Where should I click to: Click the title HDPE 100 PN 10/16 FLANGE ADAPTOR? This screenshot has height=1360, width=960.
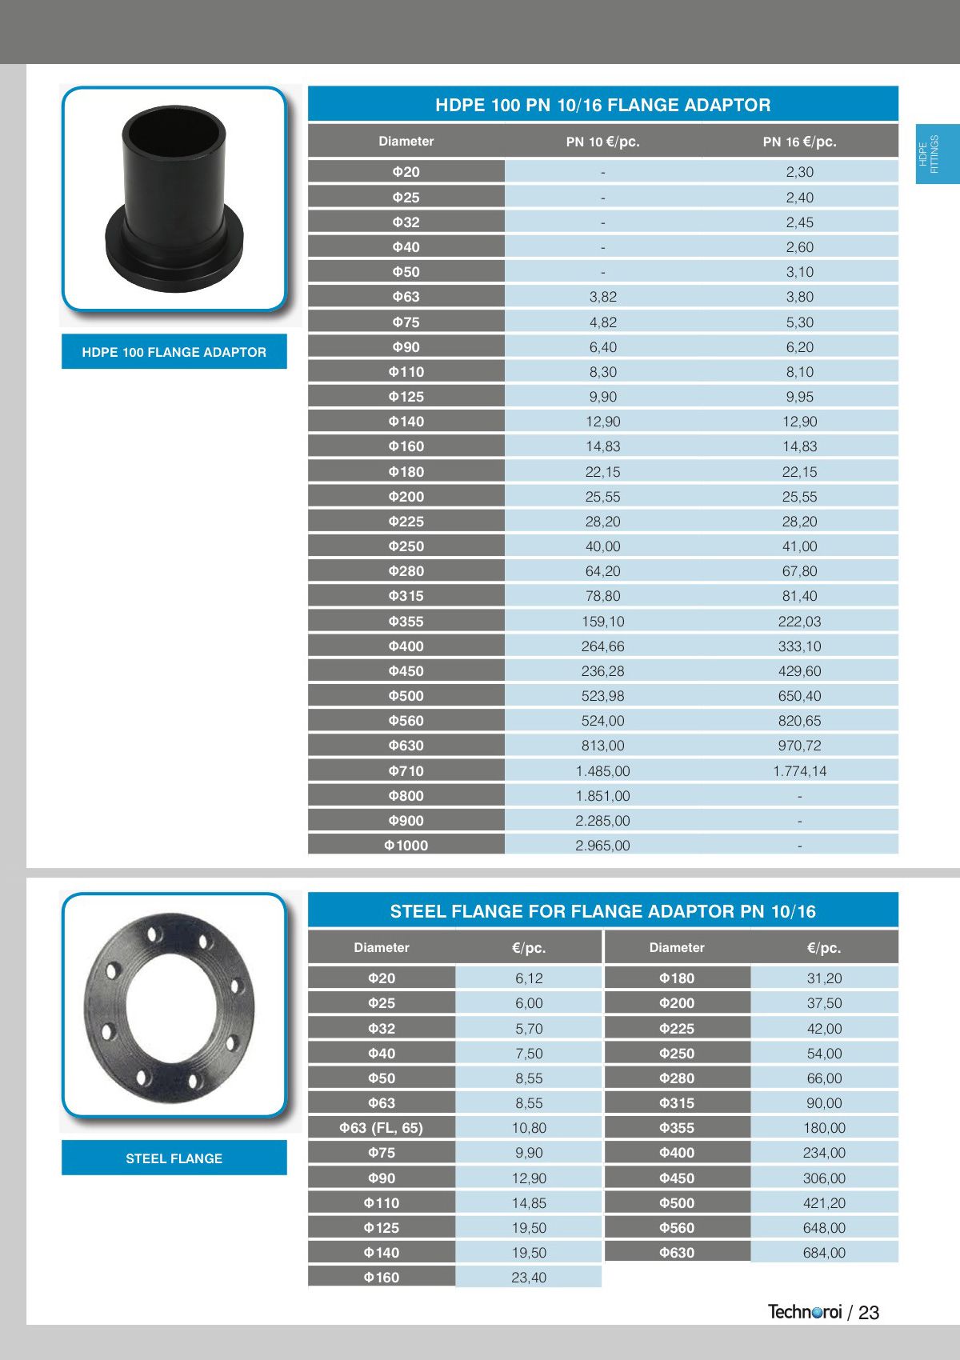coord(602,105)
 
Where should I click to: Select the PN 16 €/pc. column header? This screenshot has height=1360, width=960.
coord(799,142)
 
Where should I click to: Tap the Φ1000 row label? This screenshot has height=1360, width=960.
coord(406,845)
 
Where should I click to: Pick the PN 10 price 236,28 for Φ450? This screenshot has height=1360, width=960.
coord(602,670)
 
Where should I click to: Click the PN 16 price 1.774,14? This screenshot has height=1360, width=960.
coord(799,770)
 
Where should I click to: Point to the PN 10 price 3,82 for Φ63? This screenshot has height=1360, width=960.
coord(602,297)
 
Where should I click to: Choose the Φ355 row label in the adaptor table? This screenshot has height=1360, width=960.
coord(406,621)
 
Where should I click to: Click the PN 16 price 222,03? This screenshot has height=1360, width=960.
coord(799,621)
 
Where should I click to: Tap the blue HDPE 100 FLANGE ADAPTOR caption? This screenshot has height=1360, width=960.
coord(174,352)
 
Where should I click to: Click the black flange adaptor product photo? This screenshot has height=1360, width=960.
coord(174,200)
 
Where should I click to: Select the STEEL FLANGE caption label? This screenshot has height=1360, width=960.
coord(174,1158)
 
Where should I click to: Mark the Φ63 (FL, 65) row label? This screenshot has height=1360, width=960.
coord(381,1127)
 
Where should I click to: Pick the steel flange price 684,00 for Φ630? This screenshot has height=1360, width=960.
coord(824,1252)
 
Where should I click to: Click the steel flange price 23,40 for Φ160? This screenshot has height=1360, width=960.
coord(529,1277)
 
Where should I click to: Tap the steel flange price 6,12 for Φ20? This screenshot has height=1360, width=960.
coord(529,978)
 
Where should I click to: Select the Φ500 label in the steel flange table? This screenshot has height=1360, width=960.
coord(677,1202)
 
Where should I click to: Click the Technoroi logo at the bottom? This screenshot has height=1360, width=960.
coord(805,1312)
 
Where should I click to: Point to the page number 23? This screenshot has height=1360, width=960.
coord(869,1313)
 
